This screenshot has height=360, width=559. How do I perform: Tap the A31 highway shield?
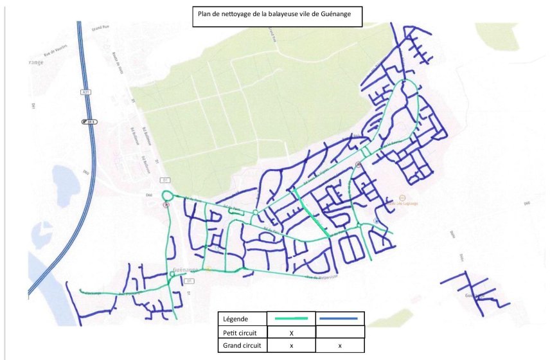pos(85,93)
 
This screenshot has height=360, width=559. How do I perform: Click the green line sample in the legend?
pos(291,318)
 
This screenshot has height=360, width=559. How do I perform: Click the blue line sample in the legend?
pos(340,318)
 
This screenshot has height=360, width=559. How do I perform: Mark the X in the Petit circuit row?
pos(291,333)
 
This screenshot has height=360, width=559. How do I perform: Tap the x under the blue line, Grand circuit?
pos(340,346)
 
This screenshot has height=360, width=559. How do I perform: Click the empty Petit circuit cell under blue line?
pos(340,332)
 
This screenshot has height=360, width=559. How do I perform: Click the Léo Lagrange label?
pos(404,204)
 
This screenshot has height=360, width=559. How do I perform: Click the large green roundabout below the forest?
pos(168,195)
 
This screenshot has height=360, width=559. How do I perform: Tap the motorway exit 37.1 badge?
pos(87,122)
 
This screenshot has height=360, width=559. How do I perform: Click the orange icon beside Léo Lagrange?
pos(402,197)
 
